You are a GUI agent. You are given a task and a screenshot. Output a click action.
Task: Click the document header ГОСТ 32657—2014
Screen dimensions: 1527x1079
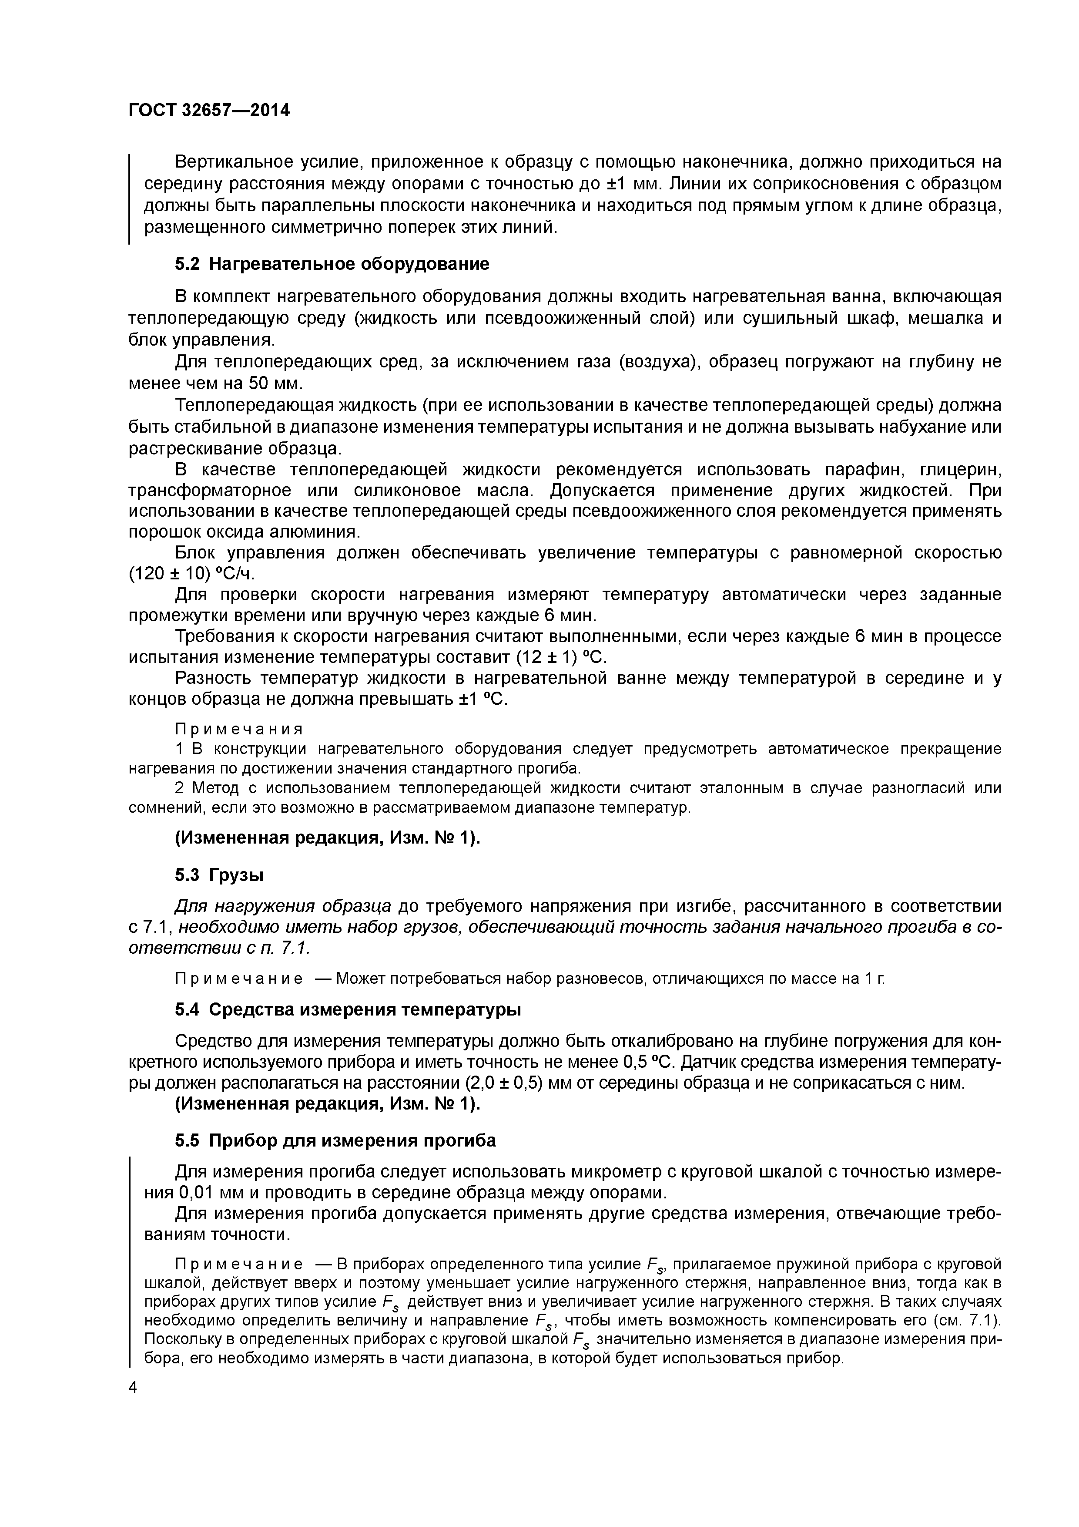(209, 110)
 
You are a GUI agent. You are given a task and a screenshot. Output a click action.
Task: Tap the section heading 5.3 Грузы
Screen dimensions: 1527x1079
(219, 875)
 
